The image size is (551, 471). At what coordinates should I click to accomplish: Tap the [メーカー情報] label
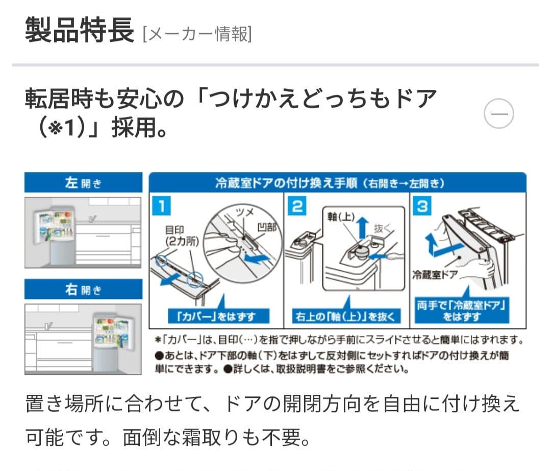[197, 34]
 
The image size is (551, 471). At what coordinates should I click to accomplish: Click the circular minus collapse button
[498, 114]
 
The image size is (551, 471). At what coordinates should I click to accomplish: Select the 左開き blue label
[83, 183]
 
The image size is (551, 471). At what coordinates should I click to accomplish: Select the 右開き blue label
[83, 290]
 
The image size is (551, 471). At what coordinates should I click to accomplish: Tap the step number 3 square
[423, 206]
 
